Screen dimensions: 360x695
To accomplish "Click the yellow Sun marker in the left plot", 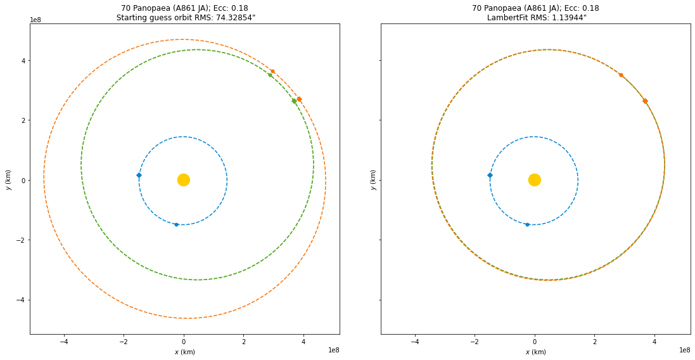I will pos(184,180).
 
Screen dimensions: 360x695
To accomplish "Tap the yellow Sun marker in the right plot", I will pos(535,180).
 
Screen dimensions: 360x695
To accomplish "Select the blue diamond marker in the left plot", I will pos(139,175).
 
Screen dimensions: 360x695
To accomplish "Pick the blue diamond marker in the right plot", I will pos(490,175).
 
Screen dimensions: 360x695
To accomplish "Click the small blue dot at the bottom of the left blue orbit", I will pos(176,224).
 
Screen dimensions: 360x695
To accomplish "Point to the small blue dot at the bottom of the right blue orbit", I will pos(527,224).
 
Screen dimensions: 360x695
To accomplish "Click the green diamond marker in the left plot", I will pos(294,101).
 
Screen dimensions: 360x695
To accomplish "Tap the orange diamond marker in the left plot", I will pos(299,99).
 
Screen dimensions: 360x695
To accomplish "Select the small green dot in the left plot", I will pos(270,75).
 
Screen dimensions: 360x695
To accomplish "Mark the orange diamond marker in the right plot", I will pos(645,101).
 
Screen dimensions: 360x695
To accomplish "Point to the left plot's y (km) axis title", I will pos(8,180).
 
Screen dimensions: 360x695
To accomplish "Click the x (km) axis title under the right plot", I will pos(535,352).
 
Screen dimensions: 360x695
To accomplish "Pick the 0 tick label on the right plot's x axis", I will pos(535,342).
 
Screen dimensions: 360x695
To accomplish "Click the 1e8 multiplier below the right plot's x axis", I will pos(684,350).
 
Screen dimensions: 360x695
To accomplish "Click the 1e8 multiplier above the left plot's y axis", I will pos(36,20).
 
